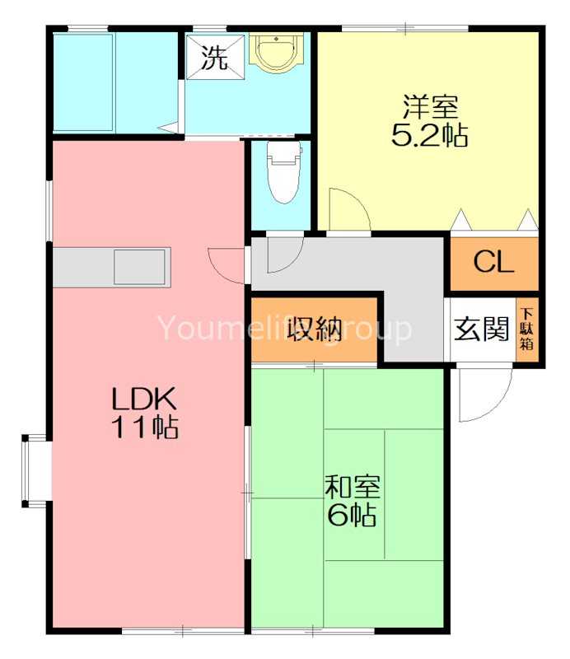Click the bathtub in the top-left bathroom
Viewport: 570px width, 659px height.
(83, 82)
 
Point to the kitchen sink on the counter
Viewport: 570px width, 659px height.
(140, 266)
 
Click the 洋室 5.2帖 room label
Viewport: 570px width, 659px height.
(429, 122)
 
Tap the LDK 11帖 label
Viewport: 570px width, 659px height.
(145, 413)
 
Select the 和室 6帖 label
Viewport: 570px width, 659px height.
(352, 502)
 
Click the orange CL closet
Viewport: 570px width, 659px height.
(493, 263)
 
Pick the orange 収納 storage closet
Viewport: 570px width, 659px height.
(314, 328)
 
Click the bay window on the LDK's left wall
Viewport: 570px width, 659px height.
(35, 469)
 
